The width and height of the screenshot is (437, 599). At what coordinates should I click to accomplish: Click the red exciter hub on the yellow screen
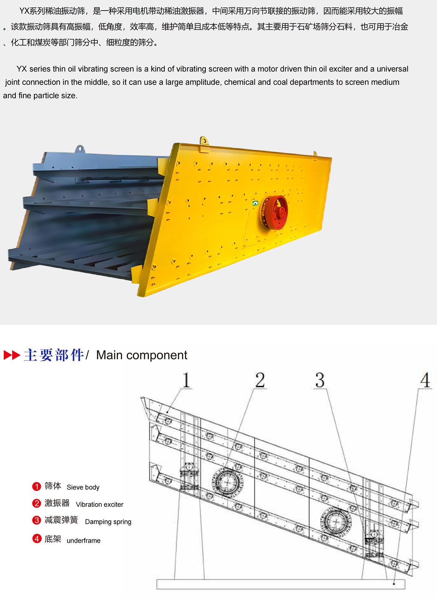click(x=275, y=212)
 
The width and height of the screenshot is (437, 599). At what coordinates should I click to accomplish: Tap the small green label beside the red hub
click(x=255, y=203)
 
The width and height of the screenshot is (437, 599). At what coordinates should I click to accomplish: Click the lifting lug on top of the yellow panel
click(x=204, y=140)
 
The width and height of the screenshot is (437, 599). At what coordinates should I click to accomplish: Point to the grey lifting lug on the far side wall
click(x=80, y=149)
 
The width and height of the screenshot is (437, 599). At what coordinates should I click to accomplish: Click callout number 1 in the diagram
click(x=186, y=380)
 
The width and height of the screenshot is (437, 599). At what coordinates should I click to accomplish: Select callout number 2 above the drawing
click(x=260, y=380)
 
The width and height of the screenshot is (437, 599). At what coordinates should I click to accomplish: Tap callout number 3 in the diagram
click(x=320, y=380)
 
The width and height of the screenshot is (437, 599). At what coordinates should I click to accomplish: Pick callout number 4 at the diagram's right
click(x=425, y=380)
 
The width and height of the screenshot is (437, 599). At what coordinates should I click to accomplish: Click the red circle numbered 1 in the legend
click(x=37, y=486)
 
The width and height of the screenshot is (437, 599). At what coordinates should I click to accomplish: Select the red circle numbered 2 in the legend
click(x=37, y=503)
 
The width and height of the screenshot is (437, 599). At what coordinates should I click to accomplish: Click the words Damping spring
click(x=108, y=522)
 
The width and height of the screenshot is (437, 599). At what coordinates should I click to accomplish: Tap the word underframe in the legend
click(x=84, y=541)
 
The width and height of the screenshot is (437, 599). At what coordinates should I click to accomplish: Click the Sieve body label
click(x=83, y=487)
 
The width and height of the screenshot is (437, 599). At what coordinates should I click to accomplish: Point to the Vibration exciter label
click(x=100, y=504)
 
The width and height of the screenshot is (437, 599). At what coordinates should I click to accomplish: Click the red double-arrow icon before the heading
click(x=12, y=355)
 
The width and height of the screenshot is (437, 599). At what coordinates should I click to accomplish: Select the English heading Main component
click(x=142, y=355)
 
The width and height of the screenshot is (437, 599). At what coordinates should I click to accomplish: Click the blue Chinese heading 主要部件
click(x=54, y=355)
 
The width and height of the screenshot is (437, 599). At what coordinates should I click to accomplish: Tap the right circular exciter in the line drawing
click(x=336, y=522)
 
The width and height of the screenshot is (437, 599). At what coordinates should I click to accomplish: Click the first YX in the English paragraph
click(x=22, y=69)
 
